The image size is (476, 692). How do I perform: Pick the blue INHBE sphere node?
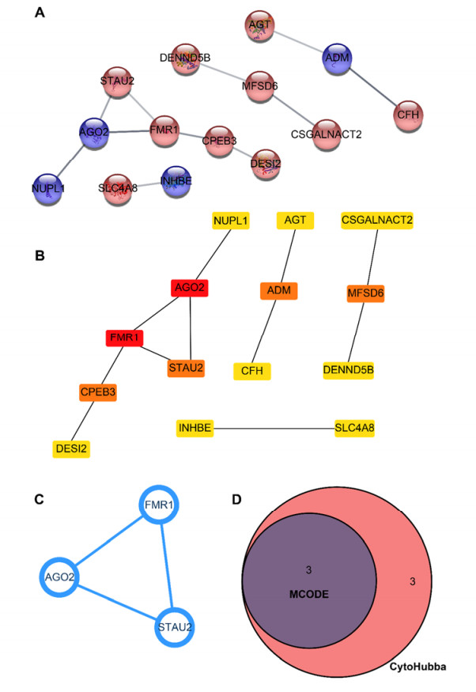[x=176, y=180]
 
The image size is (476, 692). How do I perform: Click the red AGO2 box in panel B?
[x=189, y=289]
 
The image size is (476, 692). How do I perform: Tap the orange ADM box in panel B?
[x=280, y=291]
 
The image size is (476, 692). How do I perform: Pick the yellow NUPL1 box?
[x=232, y=220]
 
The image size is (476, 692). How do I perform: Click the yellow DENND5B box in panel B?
[x=349, y=369]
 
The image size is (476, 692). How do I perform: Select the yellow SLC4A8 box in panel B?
[x=354, y=429]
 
